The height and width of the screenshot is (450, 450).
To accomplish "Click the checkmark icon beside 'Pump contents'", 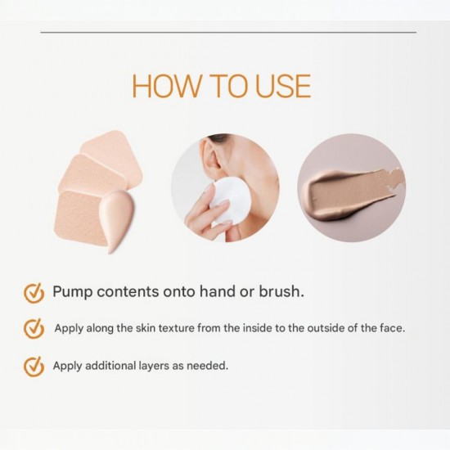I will (x=34, y=293).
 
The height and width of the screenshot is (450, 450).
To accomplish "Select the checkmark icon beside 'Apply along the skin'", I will (x=34, y=328).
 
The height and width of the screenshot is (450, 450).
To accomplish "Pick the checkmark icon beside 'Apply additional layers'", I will (x=34, y=366).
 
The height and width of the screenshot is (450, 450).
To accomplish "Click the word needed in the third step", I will (x=209, y=366).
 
